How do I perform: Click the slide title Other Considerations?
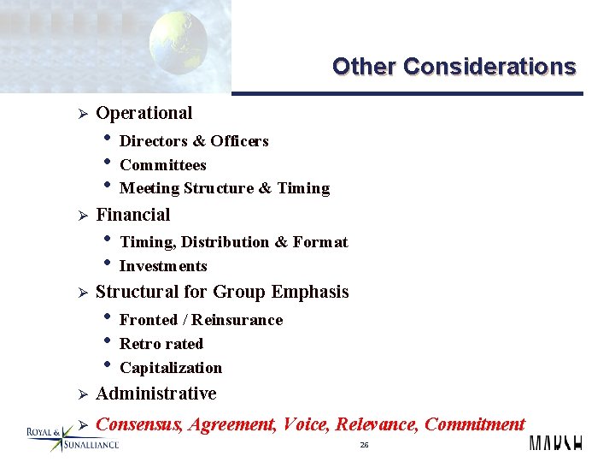coord(454,67)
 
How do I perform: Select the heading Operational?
coord(143,113)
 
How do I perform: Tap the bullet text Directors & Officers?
coord(194,141)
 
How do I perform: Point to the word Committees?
coord(162,165)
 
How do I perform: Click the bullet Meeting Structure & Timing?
coord(224,188)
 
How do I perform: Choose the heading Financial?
coord(132,215)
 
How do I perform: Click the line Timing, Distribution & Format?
coord(233,242)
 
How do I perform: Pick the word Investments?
coord(163,266)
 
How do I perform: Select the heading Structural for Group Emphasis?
coord(222,292)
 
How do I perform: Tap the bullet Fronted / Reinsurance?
coord(201,320)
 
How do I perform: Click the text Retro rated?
coord(161,344)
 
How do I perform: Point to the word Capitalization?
coord(170,368)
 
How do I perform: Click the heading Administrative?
coord(155,394)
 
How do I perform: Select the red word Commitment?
coord(474,424)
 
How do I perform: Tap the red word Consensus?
coord(138,424)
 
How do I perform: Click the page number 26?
coord(364,445)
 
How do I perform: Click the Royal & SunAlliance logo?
coord(73,438)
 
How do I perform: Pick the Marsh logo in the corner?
coord(555,443)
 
